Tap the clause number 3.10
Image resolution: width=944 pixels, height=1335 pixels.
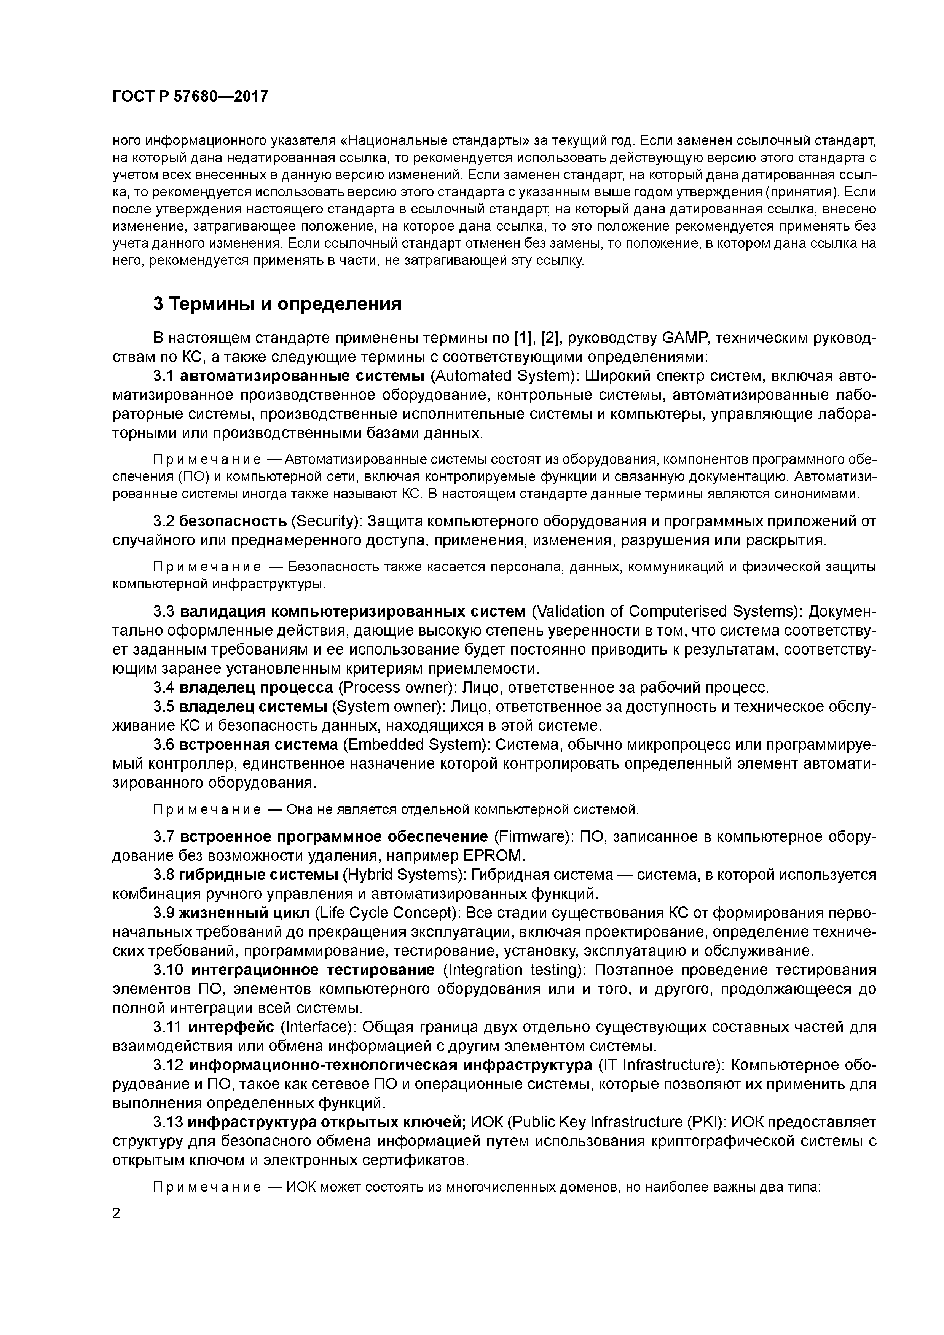tap(169, 970)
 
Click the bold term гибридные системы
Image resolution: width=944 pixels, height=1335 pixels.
tap(258, 875)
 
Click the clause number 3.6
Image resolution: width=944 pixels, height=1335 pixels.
tap(164, 744)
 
